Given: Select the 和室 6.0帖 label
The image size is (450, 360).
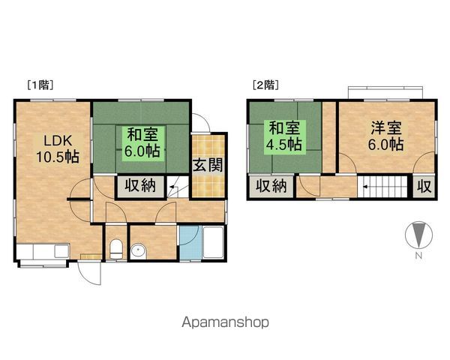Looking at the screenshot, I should pyautogui.click(x=142, y=142).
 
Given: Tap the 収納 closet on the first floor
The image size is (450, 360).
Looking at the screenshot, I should pyautogui.click(x=140, y=185).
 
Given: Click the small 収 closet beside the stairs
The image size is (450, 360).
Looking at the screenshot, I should pyautogui.click(x=424, y=186).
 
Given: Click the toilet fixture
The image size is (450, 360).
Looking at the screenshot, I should pyautogui.click(x=115, y=249).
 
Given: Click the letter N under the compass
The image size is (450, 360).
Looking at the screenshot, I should pyautogui.click(x=420, y=257).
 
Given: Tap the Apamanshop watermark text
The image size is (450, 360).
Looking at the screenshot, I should pyautogui.click(x=225, y=323).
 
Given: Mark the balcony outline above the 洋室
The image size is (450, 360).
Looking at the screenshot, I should pyautogui.click(x=385, y=91).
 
